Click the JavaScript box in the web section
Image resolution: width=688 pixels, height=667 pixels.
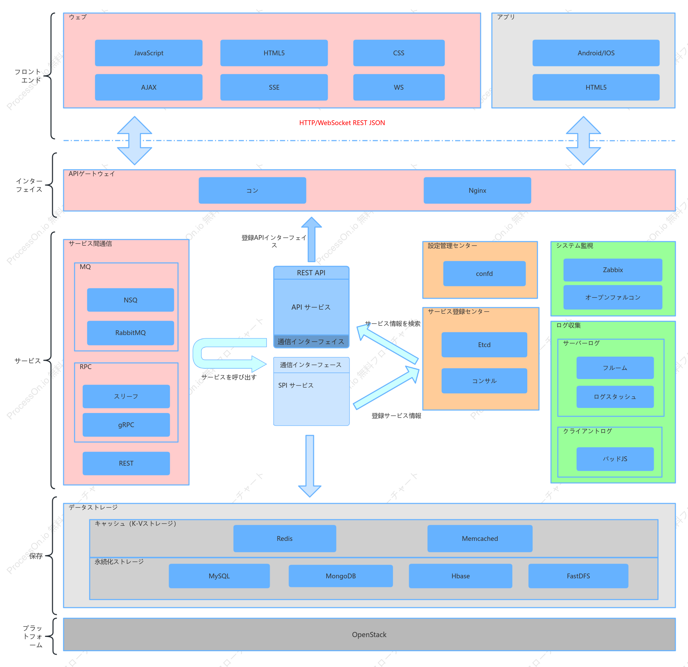click(148, 53)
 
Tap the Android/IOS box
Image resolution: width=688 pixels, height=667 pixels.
click(596, 53)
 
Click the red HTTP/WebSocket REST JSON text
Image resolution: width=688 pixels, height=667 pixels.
click(342, 123)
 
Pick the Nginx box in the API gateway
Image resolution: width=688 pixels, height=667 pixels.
click(477, 190)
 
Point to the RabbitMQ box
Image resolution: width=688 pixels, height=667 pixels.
click(130, 333)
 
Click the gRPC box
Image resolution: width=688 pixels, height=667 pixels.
click(126, 425)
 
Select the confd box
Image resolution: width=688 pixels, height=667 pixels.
click(484, 274)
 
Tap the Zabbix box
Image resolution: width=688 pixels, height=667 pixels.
click(612, 270)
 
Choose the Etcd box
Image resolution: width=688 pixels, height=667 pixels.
click(484, 345)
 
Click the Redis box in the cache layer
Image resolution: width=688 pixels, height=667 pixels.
click(284, 538)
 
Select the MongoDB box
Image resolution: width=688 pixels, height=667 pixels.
click(340, 576)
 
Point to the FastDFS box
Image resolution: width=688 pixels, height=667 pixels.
click(578, 576)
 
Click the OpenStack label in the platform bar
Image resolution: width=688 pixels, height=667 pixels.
click(369, 635)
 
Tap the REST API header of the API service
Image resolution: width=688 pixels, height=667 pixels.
click(311, 273)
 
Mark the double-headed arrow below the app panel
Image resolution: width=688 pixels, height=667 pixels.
click(583, 141)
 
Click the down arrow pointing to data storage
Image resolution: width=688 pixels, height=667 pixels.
click(309, 466)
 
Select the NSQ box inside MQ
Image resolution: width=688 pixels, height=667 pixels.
click(130, 300)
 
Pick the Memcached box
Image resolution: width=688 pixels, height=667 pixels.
click(480, 538)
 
